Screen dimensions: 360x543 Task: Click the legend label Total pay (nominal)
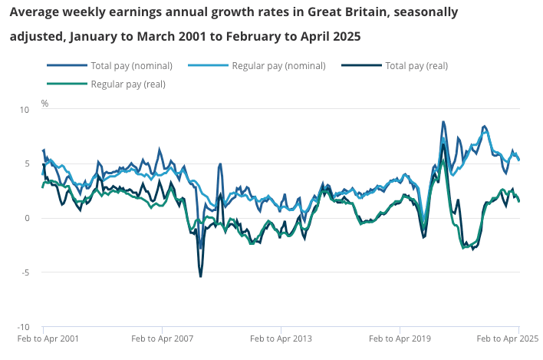pos(131,65)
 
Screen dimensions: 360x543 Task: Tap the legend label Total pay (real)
pos(416,65)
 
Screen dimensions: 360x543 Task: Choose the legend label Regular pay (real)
pos(128,84)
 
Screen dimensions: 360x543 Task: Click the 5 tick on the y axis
pos(25,164)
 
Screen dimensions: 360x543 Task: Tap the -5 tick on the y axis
pos(24,272)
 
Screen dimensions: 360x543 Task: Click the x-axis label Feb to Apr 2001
pos(48,338)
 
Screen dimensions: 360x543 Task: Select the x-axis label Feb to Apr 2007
pos(163,338)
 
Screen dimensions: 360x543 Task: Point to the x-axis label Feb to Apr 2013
pos(281,338)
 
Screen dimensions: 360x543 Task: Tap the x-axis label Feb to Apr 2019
pos(400,338)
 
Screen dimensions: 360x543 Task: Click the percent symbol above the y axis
pos(44,103)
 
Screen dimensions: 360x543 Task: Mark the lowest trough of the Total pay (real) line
pos(201,276)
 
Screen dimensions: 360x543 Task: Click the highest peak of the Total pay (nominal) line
pos(443,121)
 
